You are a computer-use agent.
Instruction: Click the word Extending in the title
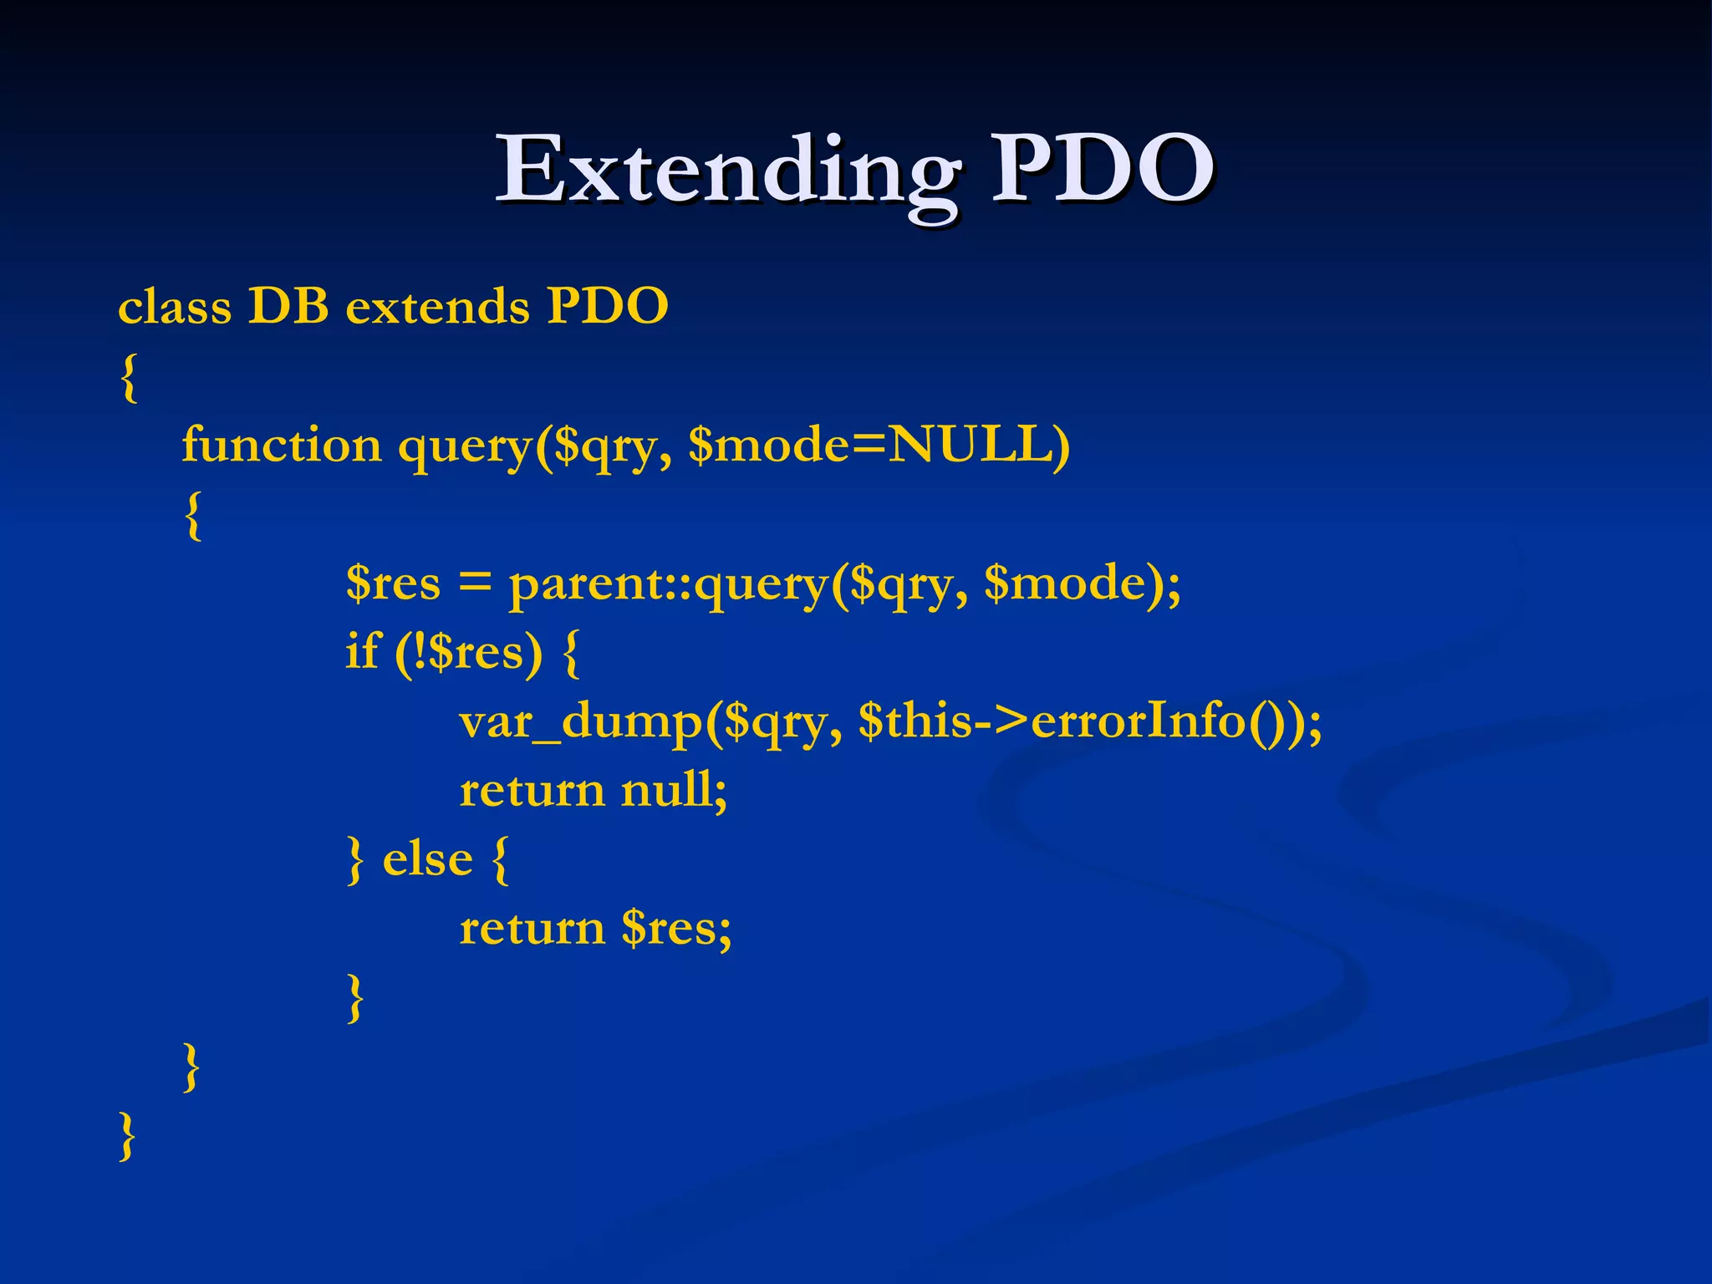(x=727, y=171)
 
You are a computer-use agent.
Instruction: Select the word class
(x=175, y=307)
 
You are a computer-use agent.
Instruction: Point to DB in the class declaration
(x=288, y=306)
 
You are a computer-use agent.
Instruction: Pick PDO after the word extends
(x=608, y=306)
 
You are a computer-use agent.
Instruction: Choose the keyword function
(x=281, y=445)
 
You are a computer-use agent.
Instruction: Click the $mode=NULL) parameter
(x=879, y=445)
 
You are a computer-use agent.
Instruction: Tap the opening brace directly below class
(x=129, y=377)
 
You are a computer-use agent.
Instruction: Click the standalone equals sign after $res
(x=475, y=583)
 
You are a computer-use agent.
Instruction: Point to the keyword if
(x=362, y=651)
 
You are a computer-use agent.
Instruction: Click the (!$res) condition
(x=468, y=652)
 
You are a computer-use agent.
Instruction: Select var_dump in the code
(x=582, y=721)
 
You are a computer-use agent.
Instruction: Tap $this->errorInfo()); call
(x=1090, y=721)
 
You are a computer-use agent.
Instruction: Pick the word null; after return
(x=674, y=790)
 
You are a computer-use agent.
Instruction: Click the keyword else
(x=427, y=859)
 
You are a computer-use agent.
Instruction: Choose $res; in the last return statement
(x=676, y=928)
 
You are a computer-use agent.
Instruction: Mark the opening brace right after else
(x=500, y=859)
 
